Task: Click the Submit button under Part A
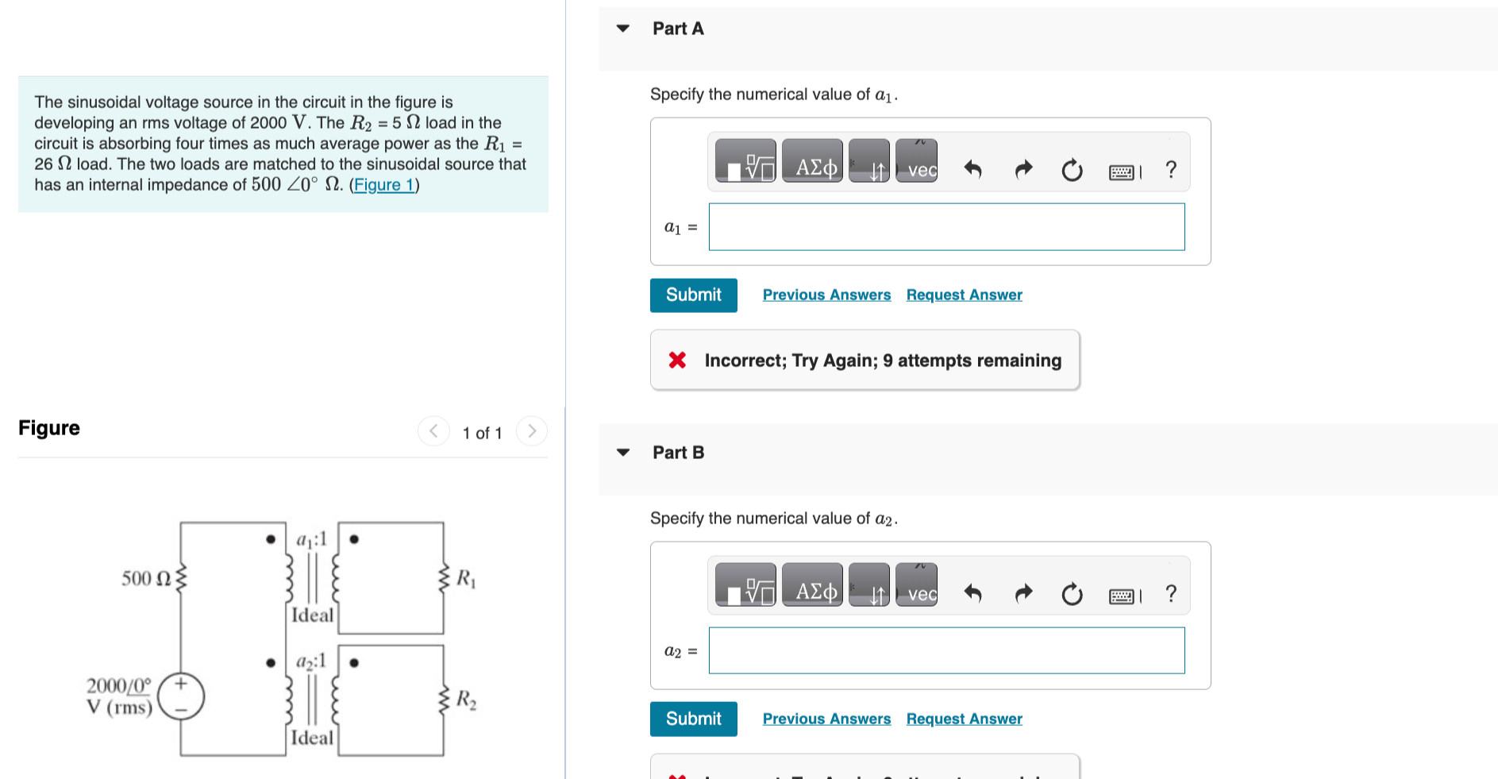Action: pyautogui.click(x=693, y=295)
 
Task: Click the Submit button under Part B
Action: pyautogui.click(x=693, y=719)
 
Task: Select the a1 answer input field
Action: pyautogui.click(x=946, y=227)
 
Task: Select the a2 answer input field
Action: pyautogui.click(x=946, y=651)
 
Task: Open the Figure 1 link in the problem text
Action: pyautogui.click(x=384, y=185)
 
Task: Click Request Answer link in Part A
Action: pyautogui.click(x=964, y=295)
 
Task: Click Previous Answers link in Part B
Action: pyautogui.click(x=826, y=719)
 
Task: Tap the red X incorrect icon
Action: pyautogui.click(x=677, y=361)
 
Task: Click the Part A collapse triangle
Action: pyautogui.click(x=623, y=29)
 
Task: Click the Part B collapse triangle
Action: pyautogui.click(x=623, y=453)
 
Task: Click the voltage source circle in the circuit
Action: pyautogui.click(x=181, y=696)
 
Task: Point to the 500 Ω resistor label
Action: pyautogui.click(x=146, y=578)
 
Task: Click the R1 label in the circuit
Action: pyautogui.click(x=466, y=578)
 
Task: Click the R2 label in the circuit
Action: pyautogui.click(x=466, y=700)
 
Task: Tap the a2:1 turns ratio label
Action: pyautogui.click(x=310, y=661)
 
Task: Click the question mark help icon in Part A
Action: pyautogui.click(x=1170, y=169)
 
